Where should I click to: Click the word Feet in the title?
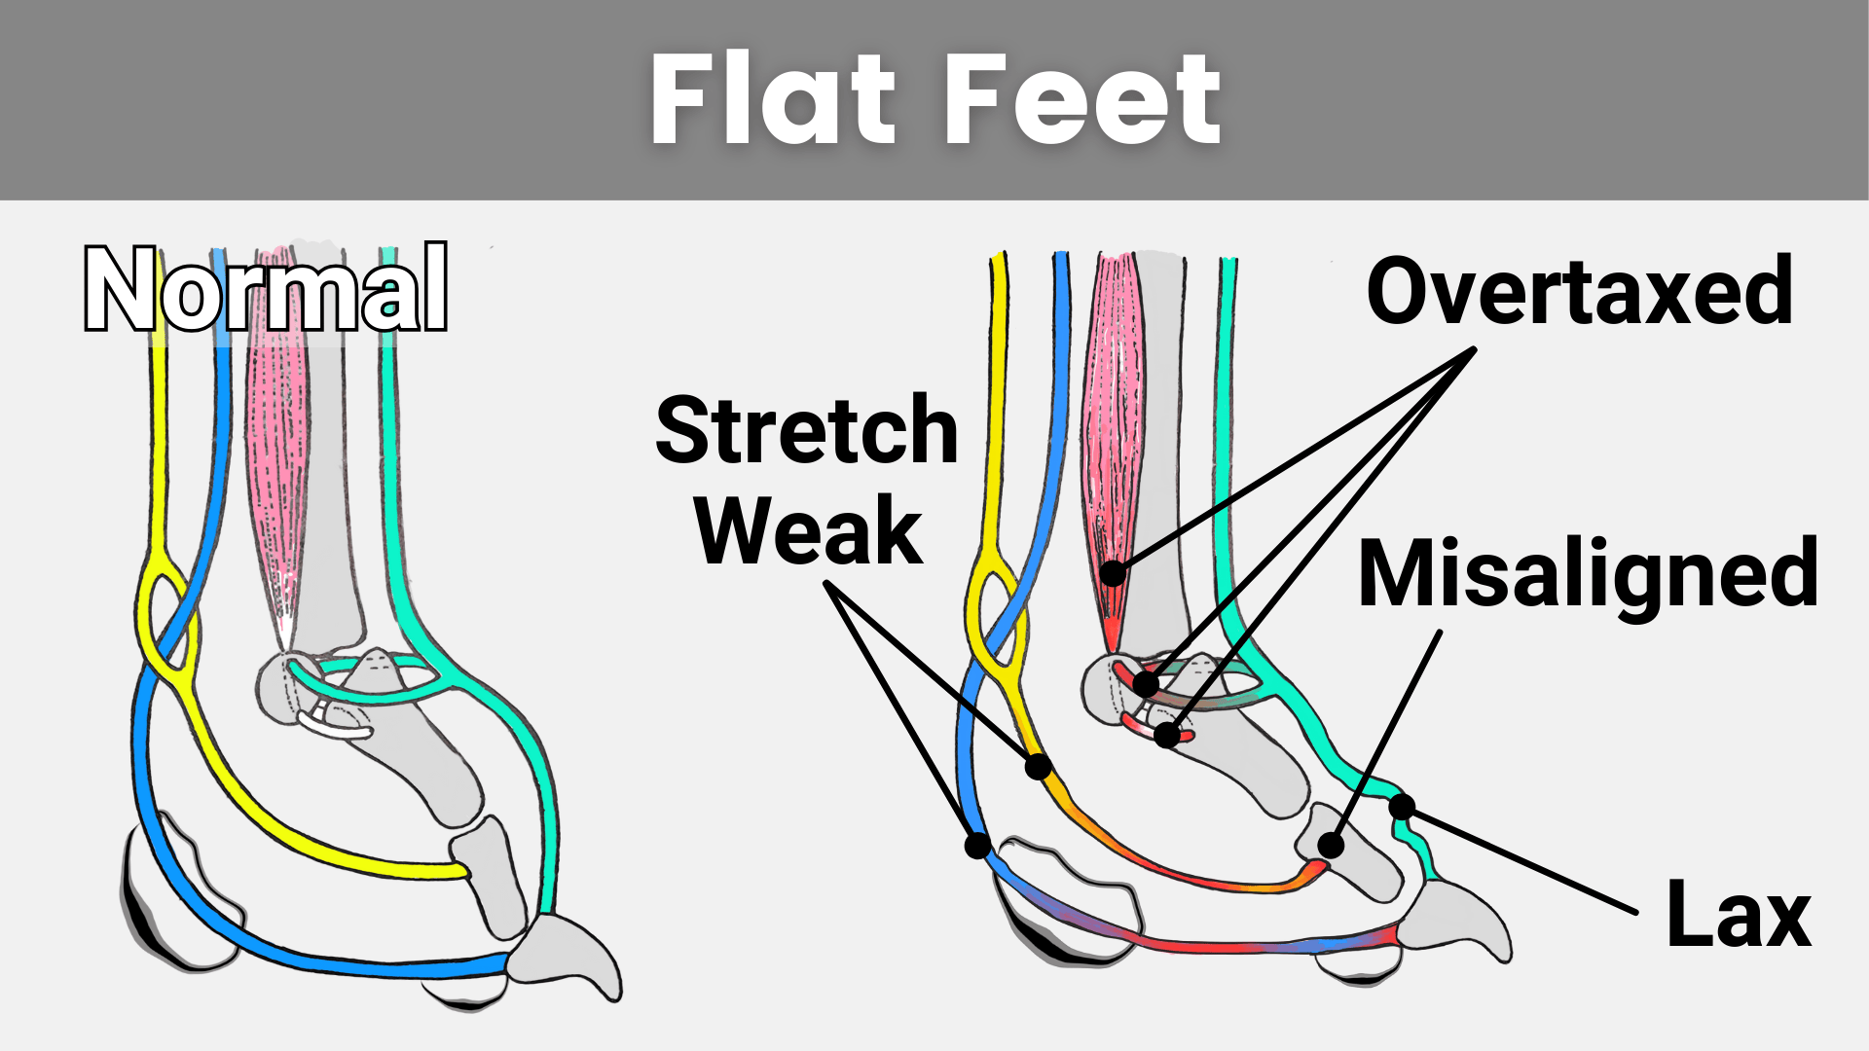(x=1081, y=100)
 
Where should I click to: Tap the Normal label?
(x=266, y=290)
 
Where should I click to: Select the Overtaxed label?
(x=1579, y=291)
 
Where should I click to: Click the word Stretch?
(x=807, y=430)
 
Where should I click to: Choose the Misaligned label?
(x=1588, y=574)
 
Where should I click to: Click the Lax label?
(x=1738, y=915)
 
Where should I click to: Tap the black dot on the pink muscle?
(x=1113, y=573)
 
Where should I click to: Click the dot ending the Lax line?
(x=1402, y=807)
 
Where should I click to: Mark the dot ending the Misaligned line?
(x=1331, y=845)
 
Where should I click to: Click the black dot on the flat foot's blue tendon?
(x=977, y=845)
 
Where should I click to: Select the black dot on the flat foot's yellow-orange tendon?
(x=1039, y=767)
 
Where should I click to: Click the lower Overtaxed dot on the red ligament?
(x=1167, y=734)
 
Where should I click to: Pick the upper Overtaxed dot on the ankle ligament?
(x=1147, y=683)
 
